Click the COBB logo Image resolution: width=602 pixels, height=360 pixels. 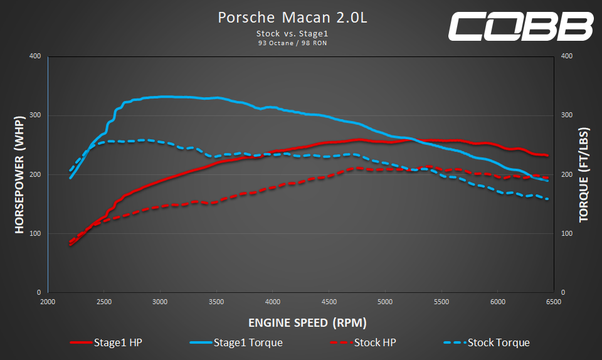click(520, 27)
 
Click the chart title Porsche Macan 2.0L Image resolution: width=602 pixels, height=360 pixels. click(292, 18)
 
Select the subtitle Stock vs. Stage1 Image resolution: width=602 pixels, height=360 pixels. click(292, 33)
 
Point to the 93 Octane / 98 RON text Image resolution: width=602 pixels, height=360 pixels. click(292, 43)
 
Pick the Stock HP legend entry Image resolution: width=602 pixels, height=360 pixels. click(362, 342)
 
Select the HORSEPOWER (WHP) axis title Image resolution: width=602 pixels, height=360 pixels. click(19, 174)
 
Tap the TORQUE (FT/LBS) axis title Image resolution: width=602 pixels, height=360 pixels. click(583, 174)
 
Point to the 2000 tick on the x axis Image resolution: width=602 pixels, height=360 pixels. click(48, 302)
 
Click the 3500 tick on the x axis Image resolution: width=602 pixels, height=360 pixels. click(216, 302)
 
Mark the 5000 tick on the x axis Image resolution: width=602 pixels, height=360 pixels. click(385, 302)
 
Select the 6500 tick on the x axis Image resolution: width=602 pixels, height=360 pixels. click(554, 302)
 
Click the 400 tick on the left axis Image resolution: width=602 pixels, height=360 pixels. click(35, 56)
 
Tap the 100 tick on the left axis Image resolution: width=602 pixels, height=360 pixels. click(35, 233)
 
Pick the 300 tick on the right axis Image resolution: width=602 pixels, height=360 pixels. click(567, 115)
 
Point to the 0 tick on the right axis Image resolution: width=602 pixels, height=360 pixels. click(562, 292)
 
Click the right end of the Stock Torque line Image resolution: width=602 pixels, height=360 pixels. click(548, 199)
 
